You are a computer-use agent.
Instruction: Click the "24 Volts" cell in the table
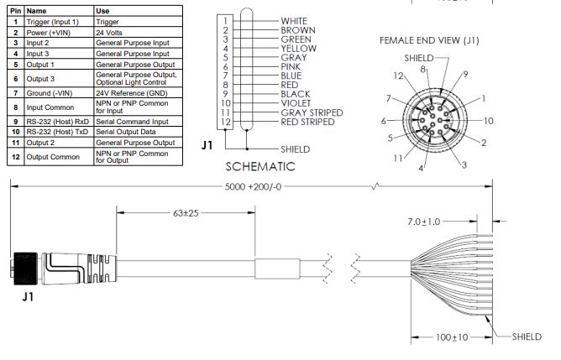click(x=109, y=33)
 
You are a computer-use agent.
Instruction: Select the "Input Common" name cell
click(x=50, y=107)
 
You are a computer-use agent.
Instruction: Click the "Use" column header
click(x=102, y=11)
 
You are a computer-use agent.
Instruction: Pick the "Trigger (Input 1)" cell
click(x=52, y=22)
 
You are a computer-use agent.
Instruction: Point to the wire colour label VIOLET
click(x=296, y=103)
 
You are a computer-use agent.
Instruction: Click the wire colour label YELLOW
click(x=298, y=49)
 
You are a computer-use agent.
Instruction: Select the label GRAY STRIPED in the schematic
click(x=312, y=112)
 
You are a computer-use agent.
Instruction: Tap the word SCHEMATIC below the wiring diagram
click(x=260, y=166)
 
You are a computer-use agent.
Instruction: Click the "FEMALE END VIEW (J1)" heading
click(x=429, y=40)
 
